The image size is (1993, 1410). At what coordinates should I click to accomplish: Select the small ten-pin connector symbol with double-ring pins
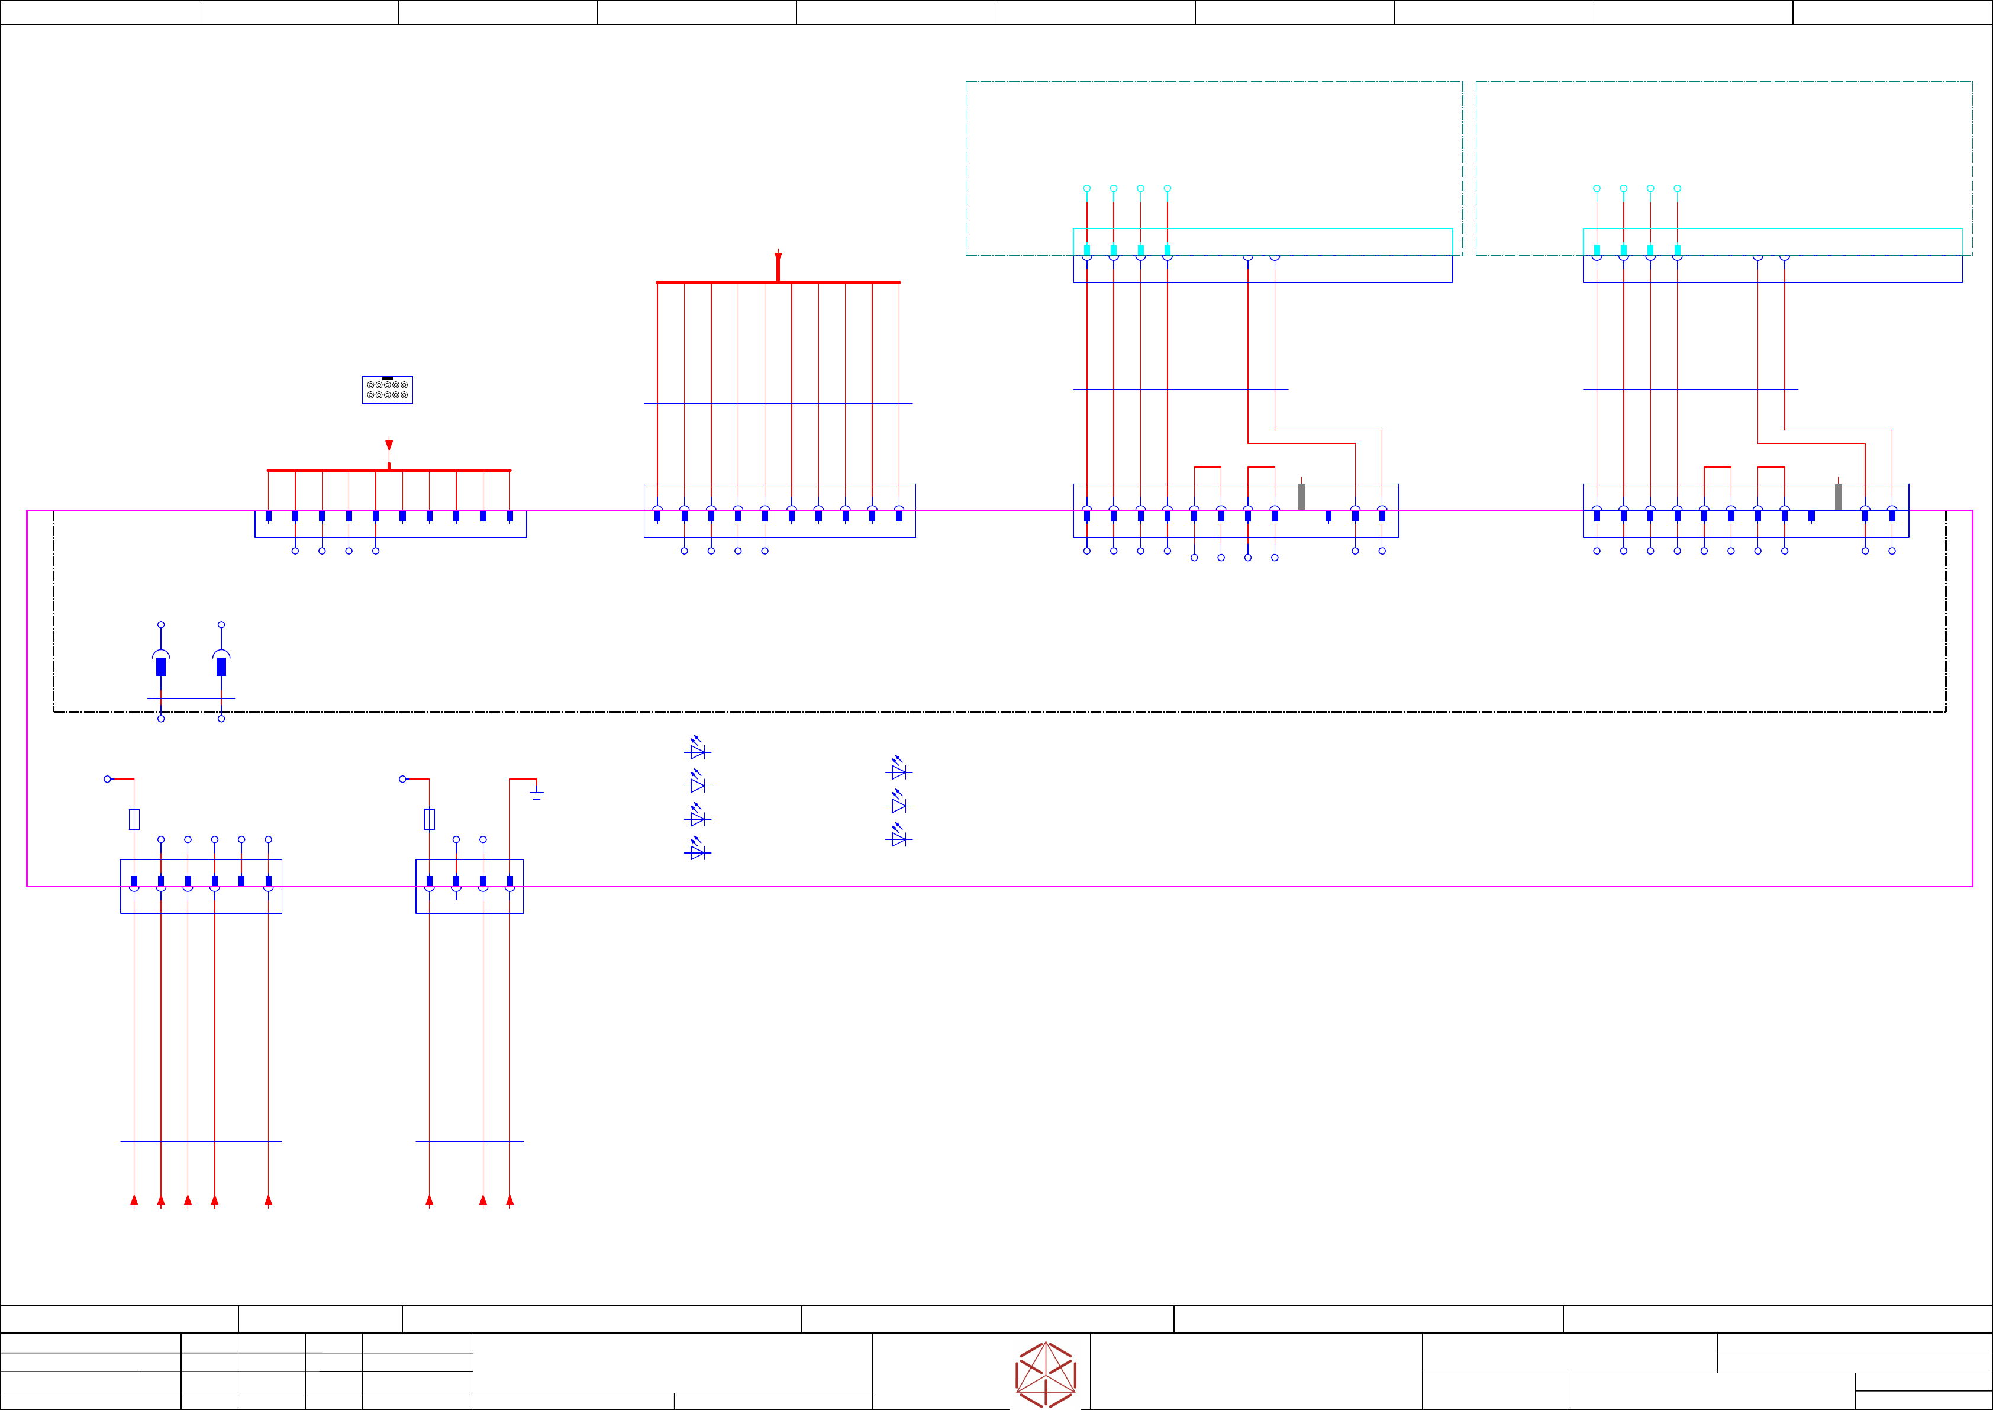click(387, 390)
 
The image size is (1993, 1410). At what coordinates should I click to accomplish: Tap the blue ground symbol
click(537, 794)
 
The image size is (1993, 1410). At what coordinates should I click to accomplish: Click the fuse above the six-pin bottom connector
click(134, 819)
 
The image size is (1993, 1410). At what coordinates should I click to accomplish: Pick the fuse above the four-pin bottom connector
click(429, 819)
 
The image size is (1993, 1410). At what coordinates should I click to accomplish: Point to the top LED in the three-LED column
click(898, 770)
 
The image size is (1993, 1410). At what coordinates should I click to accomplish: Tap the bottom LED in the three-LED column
click(898, 838)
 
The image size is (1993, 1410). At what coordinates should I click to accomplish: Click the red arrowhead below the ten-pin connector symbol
click(389, 445)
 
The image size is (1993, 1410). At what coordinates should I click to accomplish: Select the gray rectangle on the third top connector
click(1301, 497)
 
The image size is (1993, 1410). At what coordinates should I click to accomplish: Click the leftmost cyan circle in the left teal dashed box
click(1087, 188)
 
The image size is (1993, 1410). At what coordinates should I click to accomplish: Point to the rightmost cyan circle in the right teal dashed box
click(1677, 188)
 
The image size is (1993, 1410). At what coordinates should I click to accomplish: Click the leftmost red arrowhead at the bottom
click(134, 1200)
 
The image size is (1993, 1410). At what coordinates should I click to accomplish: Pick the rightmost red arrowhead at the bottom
click(509, 1200)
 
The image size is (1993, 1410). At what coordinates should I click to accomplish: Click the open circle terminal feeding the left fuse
click(108, 779)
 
